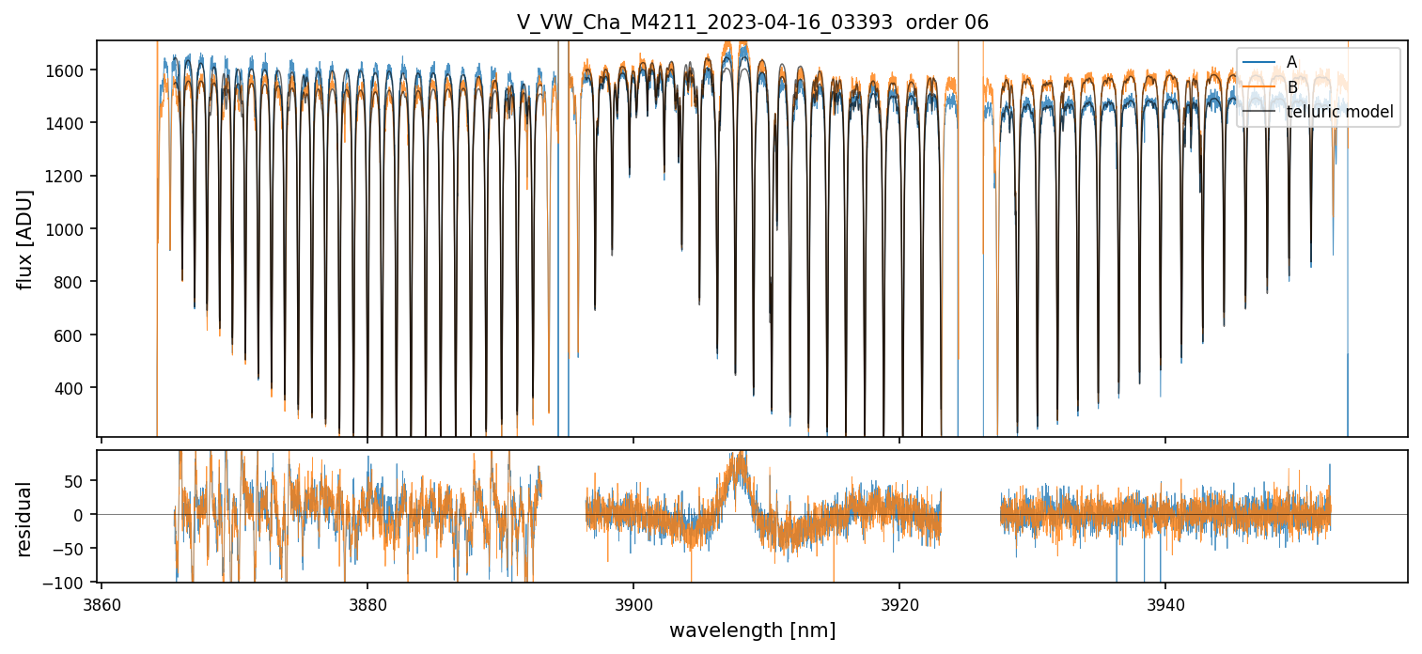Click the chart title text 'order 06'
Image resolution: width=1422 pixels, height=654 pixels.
pos(947,23)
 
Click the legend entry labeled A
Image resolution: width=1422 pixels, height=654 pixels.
pos(1291,62)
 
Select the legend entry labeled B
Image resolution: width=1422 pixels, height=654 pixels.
pos(1291,87)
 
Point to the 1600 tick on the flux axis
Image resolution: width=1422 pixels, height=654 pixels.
pos(70,70)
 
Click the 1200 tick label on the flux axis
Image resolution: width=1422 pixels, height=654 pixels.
pos(70,177)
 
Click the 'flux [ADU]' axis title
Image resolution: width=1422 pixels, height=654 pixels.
pos(25,239)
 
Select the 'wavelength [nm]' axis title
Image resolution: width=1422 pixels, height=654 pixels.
pos(752,630)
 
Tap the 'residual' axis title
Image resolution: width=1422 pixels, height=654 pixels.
pos(25,518)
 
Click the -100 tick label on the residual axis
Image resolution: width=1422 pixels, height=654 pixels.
pos(70,583)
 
